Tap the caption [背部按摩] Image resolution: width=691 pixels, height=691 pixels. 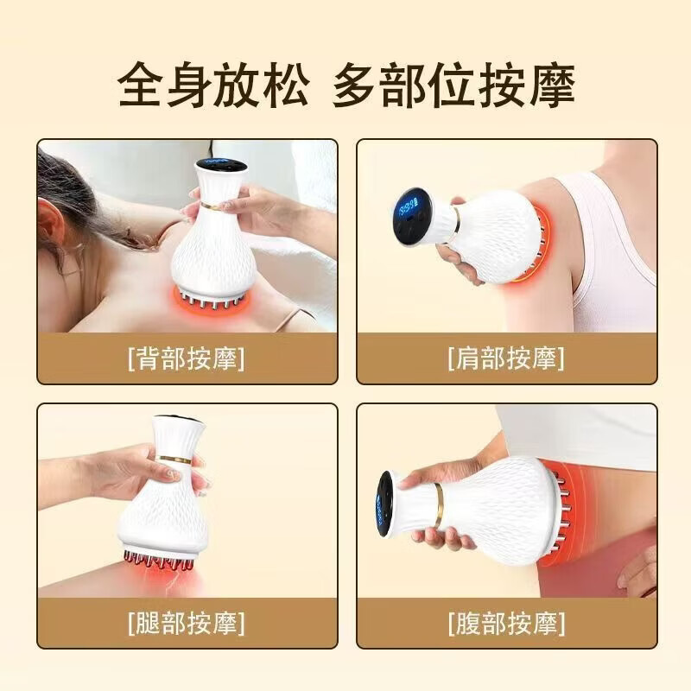point(185,358)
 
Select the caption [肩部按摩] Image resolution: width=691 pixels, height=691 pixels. point(505,358)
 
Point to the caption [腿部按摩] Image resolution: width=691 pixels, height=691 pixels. point(185,621)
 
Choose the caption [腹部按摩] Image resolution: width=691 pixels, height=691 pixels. point(505,621)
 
